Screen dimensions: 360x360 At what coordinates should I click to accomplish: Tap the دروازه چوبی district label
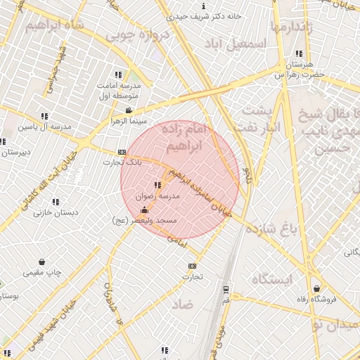(144, 34)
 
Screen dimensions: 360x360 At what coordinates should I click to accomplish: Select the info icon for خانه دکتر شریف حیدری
(203, 6)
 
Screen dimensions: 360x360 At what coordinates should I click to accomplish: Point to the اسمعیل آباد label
(243, 44)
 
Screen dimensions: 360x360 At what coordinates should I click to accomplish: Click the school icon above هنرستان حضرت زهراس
(299, 53)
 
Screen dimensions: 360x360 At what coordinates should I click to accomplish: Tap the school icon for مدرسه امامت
(118, 75)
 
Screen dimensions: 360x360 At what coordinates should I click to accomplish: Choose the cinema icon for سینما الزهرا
(128, 110)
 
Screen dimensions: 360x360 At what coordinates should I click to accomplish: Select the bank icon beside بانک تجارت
(122, 152)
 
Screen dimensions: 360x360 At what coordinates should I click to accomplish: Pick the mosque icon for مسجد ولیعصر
(144, 210)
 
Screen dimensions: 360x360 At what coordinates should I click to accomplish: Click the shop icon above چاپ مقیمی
(42, 262)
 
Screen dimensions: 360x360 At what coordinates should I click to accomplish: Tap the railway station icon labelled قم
(226, 289)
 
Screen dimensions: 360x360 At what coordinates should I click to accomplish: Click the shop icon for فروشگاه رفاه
(317, 288)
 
